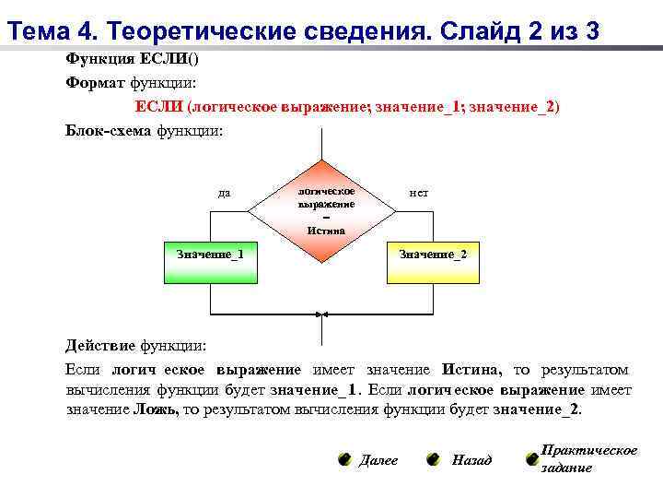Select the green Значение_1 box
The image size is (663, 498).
click(x=211, y=262)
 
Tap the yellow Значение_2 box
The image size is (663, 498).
click(x=432, y=262)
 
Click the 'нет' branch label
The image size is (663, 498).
click(x=418, y=193)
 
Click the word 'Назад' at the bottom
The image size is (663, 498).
click(x=471, y=459)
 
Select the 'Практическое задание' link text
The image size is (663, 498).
click(x=588, y=458)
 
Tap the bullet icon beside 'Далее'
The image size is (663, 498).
click(x=343, y=459)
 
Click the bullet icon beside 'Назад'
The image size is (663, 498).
click(x=433, y=459)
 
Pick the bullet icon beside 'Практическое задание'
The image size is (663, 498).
click(x=531, y=458)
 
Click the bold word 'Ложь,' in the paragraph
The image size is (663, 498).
click(x=157, y=409)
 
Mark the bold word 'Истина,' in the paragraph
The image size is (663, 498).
click(x=471, y=369)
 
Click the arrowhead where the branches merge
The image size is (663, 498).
click(x=322, y=315)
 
